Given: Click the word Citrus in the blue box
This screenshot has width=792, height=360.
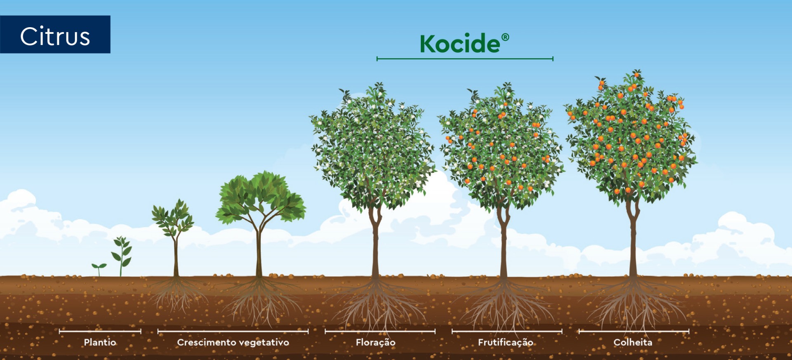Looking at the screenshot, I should (x=55, y=36).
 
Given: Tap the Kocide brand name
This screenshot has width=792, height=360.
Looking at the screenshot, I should (x=460, y=44).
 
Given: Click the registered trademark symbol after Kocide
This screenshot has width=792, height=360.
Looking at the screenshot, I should (x=505, y=38).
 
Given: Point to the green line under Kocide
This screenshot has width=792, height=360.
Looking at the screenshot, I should (x=465, y=59).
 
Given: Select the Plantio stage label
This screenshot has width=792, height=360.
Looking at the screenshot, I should (x=100, y=342).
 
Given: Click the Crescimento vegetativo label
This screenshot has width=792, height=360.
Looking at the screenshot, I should (x=233, y=342).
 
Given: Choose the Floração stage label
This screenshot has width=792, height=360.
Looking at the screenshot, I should (x=375, y=342).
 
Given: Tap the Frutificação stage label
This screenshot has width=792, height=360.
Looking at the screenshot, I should (x=505, y=342).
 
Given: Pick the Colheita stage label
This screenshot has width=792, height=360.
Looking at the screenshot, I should (x=633, y=342).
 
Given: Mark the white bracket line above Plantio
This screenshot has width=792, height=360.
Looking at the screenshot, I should (x=100, y=331).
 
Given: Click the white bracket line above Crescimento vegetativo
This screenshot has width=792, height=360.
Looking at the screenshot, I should (x=233, y=331).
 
